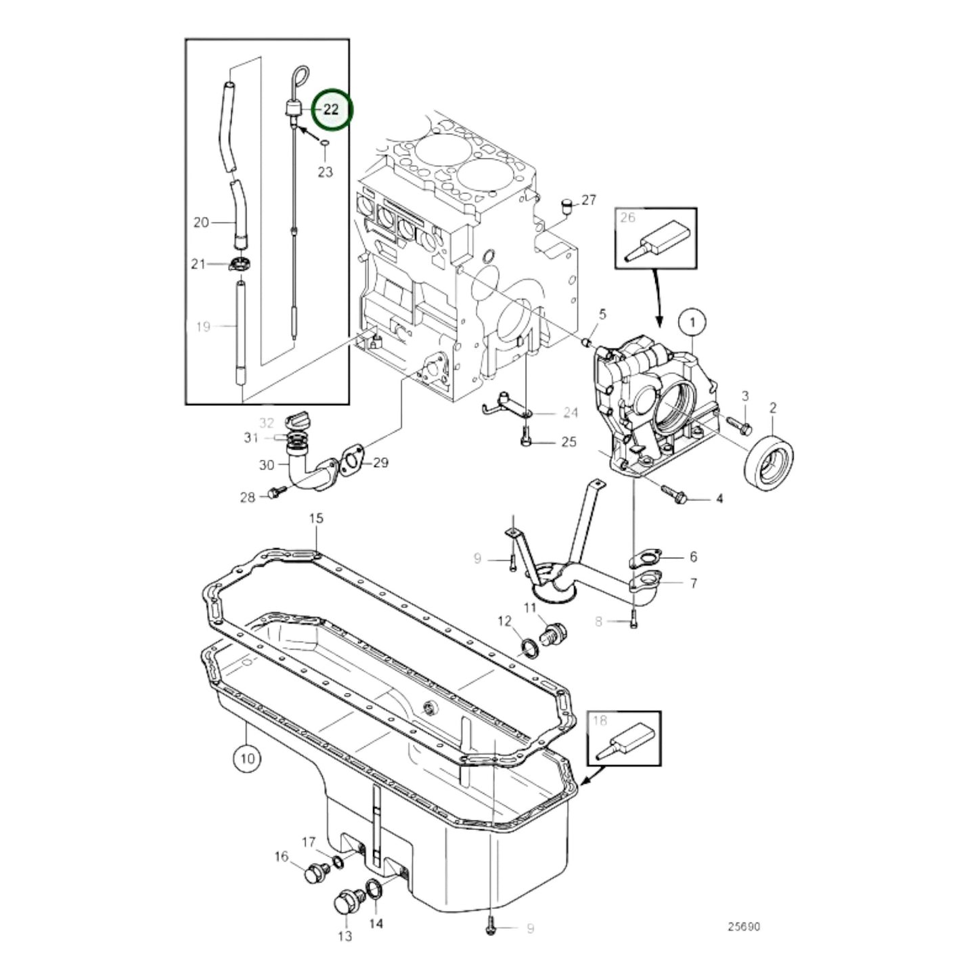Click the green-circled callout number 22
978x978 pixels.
pos(331,109)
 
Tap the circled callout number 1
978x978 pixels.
pos(692,323)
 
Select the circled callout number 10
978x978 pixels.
pos(248,758)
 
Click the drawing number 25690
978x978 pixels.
pos(744,927)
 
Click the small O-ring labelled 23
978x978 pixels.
pos(325,143)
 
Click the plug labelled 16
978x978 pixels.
pos(312,874)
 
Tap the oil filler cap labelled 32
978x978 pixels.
pos(297,422)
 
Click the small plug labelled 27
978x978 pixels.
pos(567,204)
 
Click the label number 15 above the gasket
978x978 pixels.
pos(316,519)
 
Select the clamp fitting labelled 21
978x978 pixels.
pos(239,264)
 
